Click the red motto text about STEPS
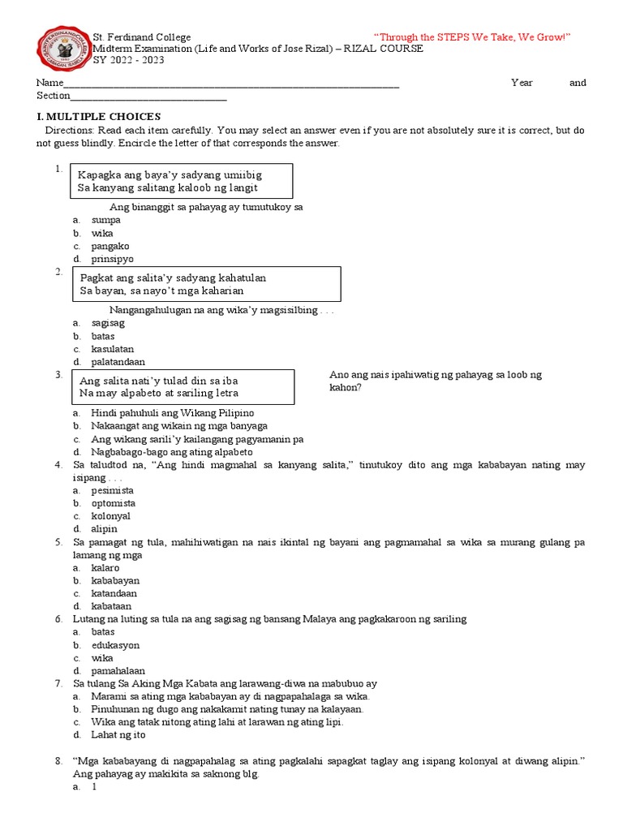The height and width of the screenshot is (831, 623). pyautogui.click(x=472, y=37)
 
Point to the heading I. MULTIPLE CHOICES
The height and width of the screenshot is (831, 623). pyautogui.click(x=100, y=117)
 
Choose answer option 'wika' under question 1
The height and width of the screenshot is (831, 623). pyautogui.click(x=102, y=233)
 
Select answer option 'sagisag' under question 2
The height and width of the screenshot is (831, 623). pyautogui.click(x=108, y=323)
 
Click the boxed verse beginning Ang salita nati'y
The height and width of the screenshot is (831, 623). pyautogui.click(x=182, y=387)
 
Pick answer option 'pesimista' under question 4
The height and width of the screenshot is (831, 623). pyautogui.click(x=113, y=490)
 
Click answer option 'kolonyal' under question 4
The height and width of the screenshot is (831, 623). pyautogui.click(x=111, y=516)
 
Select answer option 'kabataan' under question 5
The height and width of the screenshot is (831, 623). pyautogui.click(x=112, y=606)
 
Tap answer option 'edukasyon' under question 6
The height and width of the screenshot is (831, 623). pyautogui.click(x=115, y=645)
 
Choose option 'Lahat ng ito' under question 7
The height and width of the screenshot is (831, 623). pyautogui.click(x=118, y=735)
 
